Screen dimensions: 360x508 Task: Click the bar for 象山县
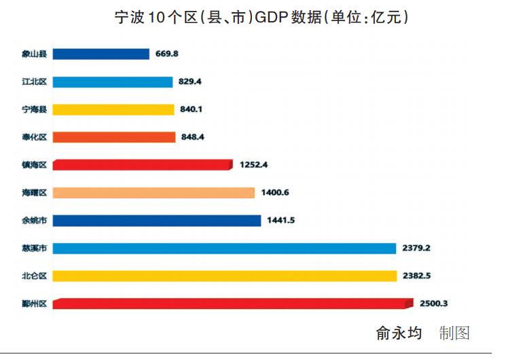pos(101,54)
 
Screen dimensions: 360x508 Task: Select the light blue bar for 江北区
pos(113,82)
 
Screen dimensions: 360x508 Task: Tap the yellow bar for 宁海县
pos(113,109)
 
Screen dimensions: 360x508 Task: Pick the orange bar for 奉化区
pos(114,137)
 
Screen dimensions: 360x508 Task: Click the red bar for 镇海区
pos(143,165)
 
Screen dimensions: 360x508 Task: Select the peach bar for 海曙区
pos(153,193)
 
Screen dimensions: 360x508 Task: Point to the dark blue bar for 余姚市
pos(157,221)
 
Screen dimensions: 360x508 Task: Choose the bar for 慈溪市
pos(224,249)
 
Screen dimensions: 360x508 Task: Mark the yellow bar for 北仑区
pos(225,276)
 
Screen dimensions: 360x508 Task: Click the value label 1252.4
pos(255,165)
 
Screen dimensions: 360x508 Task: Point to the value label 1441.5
pos(282,221)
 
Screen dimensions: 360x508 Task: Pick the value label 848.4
pos(193,137)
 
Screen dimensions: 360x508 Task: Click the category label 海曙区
pos(34,193)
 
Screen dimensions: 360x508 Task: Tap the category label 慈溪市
pos(34,249)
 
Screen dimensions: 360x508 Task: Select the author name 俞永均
pos(399,334)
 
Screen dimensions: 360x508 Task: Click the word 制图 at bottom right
pos(454,334)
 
